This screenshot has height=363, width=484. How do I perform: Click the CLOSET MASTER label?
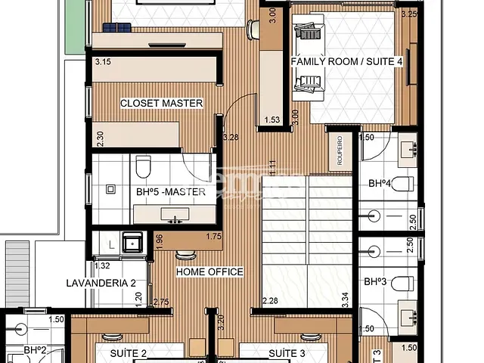(161, 103)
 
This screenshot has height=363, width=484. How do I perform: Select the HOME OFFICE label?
(209, 271)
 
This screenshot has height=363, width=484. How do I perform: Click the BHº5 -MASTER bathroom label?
(171, 192)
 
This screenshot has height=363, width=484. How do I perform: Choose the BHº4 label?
(380, 183)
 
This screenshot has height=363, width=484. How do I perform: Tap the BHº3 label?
(375, 282)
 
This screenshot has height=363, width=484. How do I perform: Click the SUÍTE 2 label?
(128, 352)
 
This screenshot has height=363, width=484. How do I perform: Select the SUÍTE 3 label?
(287, 352)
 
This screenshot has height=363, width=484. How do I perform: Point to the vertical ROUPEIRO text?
(340, 150)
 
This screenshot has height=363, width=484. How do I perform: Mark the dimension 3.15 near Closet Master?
(104, 61)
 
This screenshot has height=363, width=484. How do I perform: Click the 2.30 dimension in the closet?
(100, 138)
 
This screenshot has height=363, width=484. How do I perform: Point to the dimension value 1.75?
(213, 237)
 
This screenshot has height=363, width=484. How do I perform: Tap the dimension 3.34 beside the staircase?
(345, 298)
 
